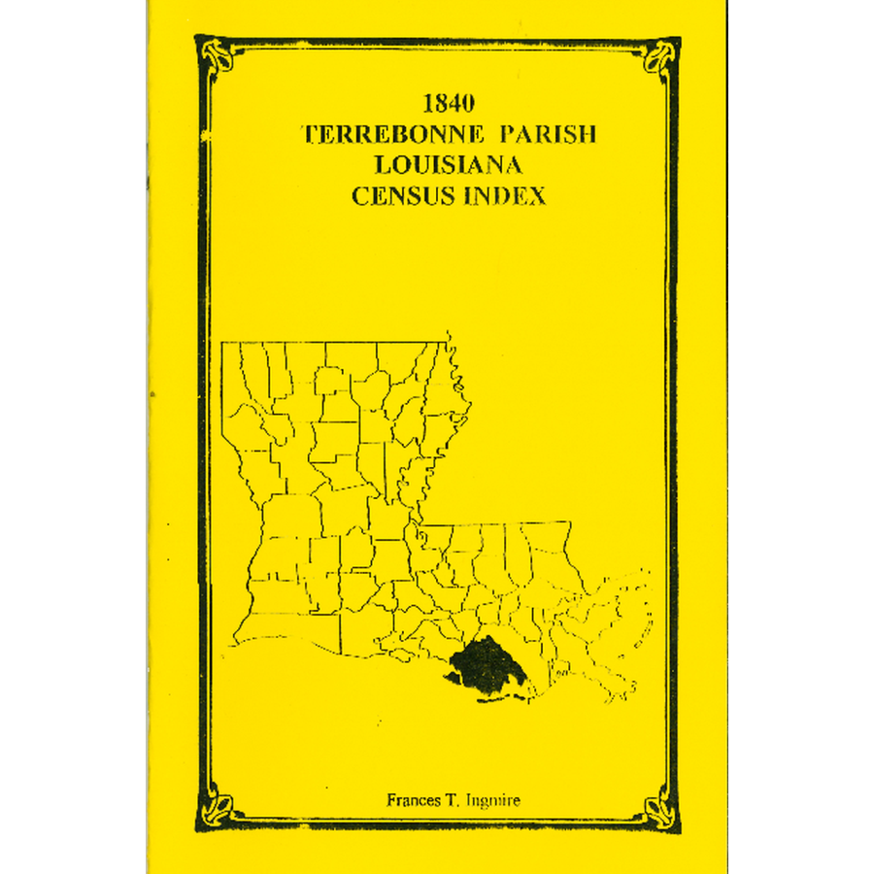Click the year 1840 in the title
click(x=448, y=103)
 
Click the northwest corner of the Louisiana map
click(x=223, y=343)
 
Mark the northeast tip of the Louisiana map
click(x=449, y=338)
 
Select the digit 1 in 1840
click(x=429, y=103)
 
